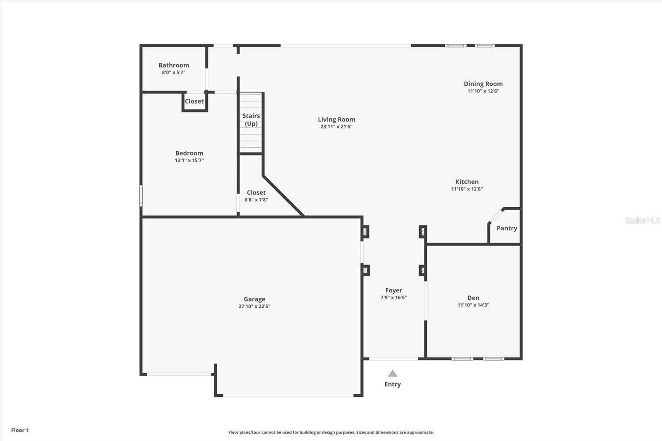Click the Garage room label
coord(254,299)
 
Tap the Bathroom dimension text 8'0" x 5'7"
coord(173,72)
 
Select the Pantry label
coord(506,228)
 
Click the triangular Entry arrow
coord(392,374)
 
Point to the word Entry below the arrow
coord(392,384)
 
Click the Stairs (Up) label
coord(251,120)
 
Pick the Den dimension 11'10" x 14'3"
coord(473,305)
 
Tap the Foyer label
coord(393,290)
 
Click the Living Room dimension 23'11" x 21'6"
coord(336,127)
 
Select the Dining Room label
coord(483,84)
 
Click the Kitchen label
coord(467,182)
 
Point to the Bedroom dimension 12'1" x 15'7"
coord(189,161)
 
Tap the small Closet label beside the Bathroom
coord(194,101)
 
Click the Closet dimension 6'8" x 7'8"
coord(256,200)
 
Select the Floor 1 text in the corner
coord(20,430)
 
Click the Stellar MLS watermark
coord(642,220)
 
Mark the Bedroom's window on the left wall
coord(141,196)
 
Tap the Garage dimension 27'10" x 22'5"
coord(254,307)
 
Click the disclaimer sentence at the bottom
coord(331,432)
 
